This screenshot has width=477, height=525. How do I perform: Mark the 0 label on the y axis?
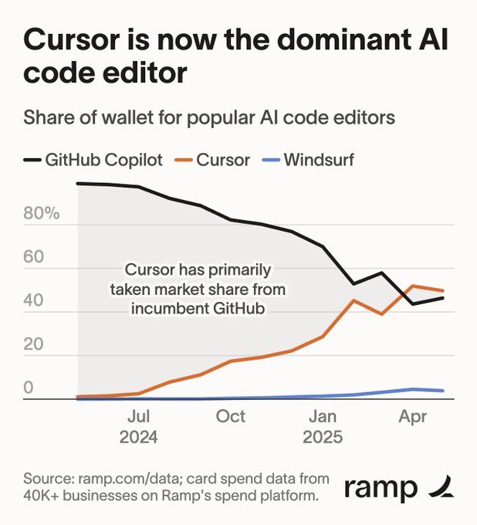coord(29,388)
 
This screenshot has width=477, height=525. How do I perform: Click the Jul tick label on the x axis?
coord(139,417)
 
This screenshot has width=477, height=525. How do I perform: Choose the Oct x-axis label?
coord(231,417)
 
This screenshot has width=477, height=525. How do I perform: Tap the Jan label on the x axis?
coord(323,417)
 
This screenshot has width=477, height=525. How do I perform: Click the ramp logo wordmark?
coord(381,488)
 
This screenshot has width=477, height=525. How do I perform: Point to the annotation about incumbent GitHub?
coord(198,288)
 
